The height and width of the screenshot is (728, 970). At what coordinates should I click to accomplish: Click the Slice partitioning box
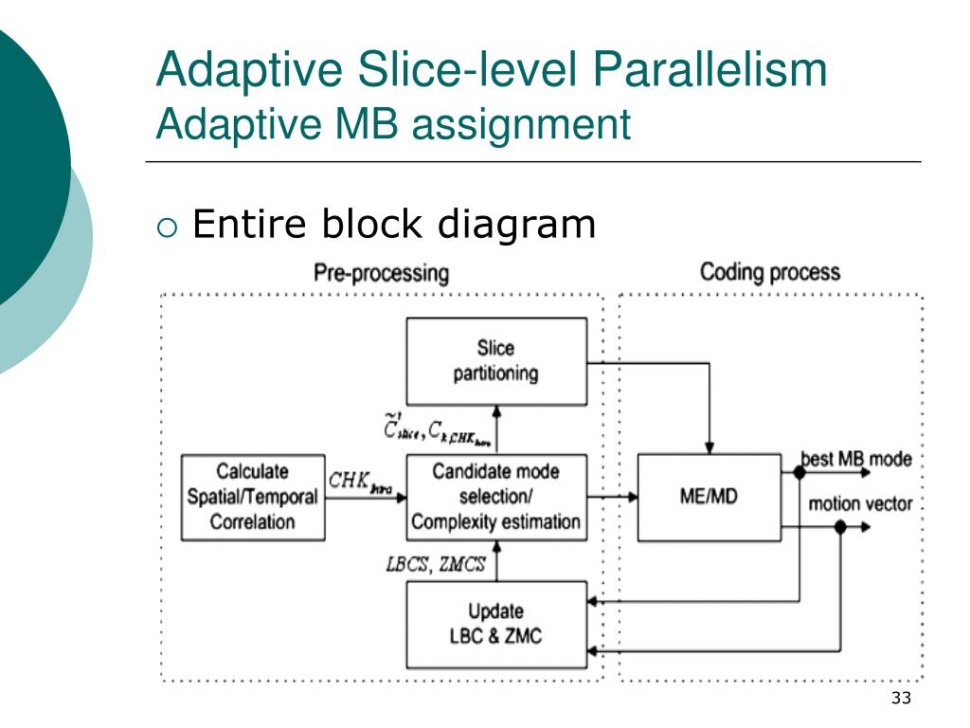[495, 361]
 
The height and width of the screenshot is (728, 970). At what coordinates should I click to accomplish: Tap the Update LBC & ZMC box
[495, 624]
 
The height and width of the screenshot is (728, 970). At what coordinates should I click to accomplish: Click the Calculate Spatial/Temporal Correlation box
[252, 497]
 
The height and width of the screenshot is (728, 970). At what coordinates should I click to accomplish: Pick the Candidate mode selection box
[495, 497]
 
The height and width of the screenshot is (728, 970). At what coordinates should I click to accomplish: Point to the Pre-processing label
[381, 274]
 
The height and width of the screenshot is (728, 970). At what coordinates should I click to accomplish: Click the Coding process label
[769, 273]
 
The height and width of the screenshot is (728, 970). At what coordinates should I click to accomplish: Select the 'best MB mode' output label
[856, 460]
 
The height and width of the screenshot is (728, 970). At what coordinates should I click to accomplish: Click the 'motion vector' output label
[859, 503]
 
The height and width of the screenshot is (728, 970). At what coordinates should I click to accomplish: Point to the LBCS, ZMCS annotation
[436, 565]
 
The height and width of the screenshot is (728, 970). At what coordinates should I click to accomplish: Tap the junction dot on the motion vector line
[839, 527]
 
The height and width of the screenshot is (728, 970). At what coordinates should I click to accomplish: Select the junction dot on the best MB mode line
[799, 471]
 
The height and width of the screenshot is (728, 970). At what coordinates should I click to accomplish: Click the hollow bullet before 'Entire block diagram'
[167, 227]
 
